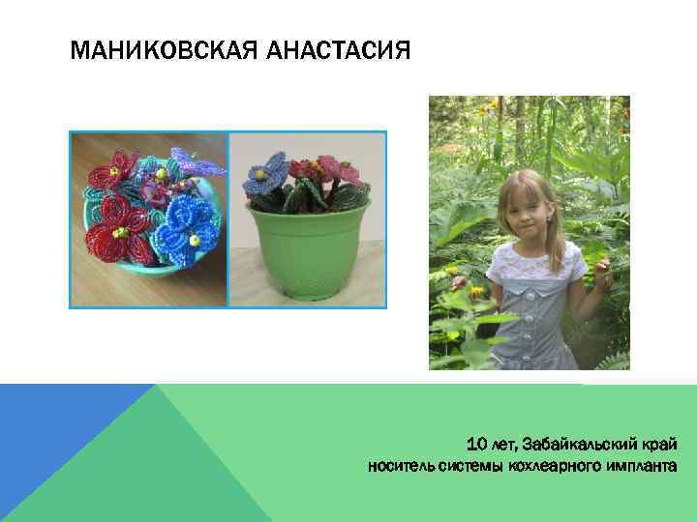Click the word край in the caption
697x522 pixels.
[658, 445]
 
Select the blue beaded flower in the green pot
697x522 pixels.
[269, 178]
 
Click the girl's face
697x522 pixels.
[523, 207]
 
